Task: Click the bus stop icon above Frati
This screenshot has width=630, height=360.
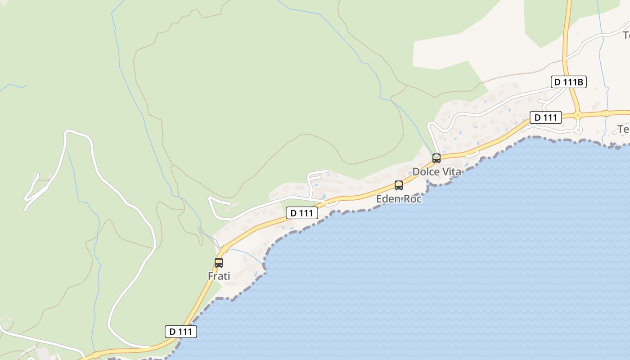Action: (x=219, y=262)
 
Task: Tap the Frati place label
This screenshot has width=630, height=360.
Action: (x=219, y=276)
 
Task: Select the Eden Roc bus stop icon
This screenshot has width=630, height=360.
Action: (x=399, y=185)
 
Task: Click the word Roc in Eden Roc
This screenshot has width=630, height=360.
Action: (x=413, y=198)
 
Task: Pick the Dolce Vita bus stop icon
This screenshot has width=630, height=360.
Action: (x=436, y=158)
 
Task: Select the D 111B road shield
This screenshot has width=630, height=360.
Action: (x=569, y=82)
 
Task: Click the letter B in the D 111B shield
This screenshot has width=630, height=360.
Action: (x=580, y=82)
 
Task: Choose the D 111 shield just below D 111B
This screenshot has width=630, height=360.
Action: (x=546, y=117)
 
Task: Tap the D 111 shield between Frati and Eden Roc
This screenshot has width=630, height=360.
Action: (x=302, y=213)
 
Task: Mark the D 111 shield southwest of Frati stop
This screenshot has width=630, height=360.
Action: (x=181, y=332)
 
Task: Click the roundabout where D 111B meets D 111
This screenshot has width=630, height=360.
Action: (x=578, y=114)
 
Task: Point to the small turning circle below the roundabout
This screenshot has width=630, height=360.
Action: (x=579, y=130)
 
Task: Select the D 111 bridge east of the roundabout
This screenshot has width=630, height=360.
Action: (x=606, y=112)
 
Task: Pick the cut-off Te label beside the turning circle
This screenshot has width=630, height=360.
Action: (x=624, y=130)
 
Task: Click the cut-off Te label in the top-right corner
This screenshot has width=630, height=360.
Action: (x=626, y=35)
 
